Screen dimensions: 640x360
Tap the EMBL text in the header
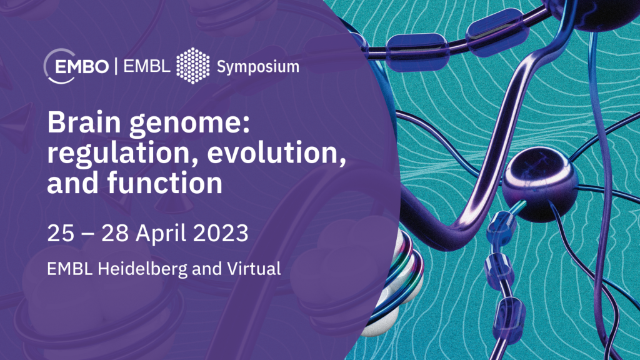147,66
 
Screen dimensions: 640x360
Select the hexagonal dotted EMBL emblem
193,66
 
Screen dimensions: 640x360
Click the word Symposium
258,67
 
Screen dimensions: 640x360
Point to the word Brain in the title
84,122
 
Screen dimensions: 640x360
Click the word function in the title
165,182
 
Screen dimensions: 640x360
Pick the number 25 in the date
61,233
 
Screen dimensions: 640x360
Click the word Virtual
254,269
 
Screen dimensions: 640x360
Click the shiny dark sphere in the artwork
539,184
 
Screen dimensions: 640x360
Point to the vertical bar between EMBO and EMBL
116,66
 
